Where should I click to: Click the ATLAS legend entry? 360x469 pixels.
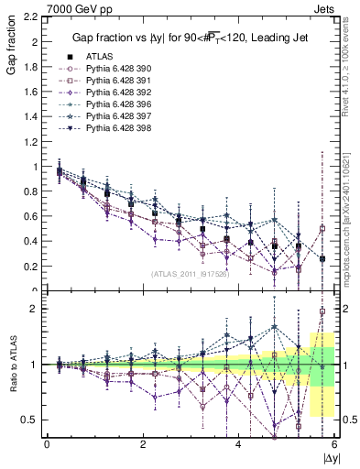click(99, 57)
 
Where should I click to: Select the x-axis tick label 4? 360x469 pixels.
click(238, 444)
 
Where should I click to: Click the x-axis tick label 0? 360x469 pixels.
click(47, 444)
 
